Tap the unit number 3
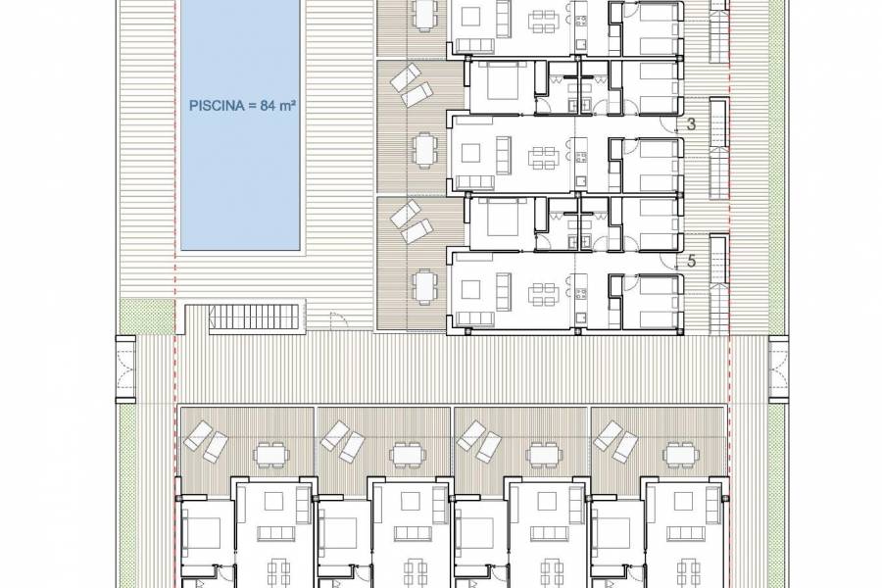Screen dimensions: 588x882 pyautogui.click(x=691, y=124)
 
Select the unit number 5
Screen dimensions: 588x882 pyautogui.click(x=691, y=262)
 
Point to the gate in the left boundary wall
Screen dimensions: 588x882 pyautogui.click(x=125, y=367)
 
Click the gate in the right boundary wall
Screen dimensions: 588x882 pyautogui.click(x=779, y=367)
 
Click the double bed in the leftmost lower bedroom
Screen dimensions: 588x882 pyautogui.click(x=205, y=535)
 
